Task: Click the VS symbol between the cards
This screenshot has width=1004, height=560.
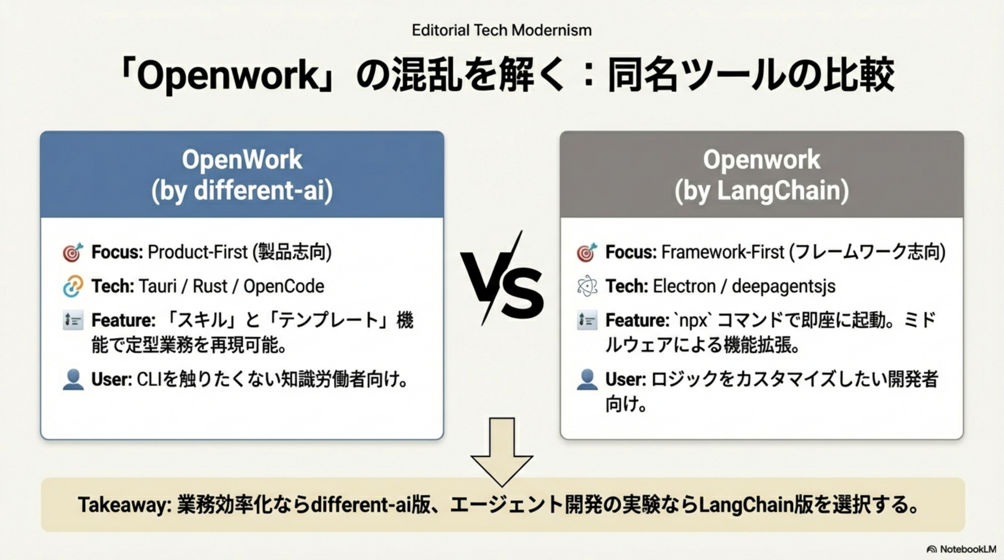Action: pyautogui.click(x=502, y=279)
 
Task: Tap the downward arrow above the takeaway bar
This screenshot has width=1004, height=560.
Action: pyautogui.click(x=502, y=452)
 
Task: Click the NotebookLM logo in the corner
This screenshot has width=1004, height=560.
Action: pyautogui.click(x=961, y=549)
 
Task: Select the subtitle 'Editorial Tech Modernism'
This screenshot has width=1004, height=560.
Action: pyautogui.click(x=502, y=30)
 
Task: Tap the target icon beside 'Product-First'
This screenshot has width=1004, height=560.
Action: pyautogui.click(x=73, y=252)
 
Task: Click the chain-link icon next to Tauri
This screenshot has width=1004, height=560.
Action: pyautogui.click(x=73, y=286)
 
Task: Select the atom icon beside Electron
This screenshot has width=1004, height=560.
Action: pyautogui.click(x=587, y=286)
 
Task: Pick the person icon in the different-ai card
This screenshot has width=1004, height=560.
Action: pyautogui.click(x=73, y=380)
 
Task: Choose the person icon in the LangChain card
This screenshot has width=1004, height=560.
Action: pyautogui.click(x=587, y=380)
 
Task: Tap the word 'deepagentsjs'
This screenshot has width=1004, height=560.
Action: pyautogui.click(x=784, y=287)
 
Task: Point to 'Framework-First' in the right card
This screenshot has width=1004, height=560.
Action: pyautogui.click(x=723, y=252)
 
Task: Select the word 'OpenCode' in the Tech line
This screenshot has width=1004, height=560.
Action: pyautogui.click(x=284, y=287)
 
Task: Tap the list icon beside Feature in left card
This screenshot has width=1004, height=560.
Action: pyautogui.click(x=73, y=320)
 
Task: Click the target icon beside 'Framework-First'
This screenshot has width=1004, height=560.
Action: pyautogui.click(x=587, y=252)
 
